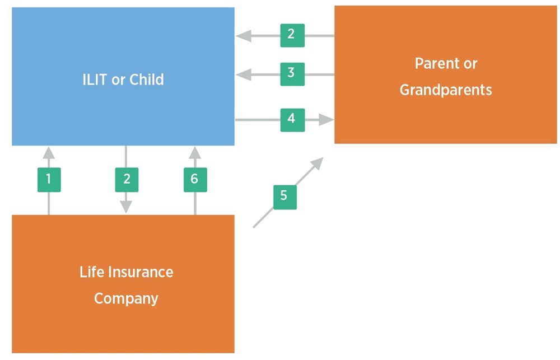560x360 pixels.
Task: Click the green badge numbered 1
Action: (49, 179)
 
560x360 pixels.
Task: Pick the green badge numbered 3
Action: (291, 73)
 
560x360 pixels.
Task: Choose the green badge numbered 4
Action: (292, 119)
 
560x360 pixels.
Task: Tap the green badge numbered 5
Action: (284, 196)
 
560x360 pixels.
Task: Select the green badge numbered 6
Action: (195, 179)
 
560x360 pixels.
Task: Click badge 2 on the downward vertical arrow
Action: (127, 179)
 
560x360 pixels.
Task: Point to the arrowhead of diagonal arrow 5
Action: (318, 163)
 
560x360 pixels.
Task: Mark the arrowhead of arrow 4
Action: (327, 119)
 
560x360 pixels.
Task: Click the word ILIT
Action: (95, 80)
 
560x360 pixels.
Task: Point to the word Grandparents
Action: (446, 90)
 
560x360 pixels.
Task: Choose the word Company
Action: (126, 298)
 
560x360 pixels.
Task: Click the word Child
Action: (147, 80)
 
